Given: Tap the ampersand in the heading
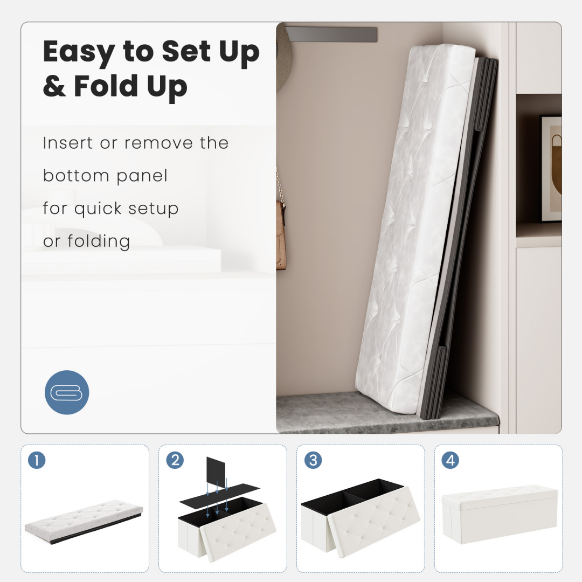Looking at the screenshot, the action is pos(54,86).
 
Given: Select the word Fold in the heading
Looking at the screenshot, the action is pos(107,85).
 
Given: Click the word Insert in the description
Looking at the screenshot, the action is pos(67,143).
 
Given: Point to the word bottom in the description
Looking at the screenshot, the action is pos(76,176).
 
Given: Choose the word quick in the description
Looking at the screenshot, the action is pos(98,209).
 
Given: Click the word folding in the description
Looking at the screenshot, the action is pos(99,241).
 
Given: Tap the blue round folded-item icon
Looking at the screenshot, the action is pos(67,392).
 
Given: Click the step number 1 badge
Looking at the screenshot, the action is pos(37,460).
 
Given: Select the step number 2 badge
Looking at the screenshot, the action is pos(175,460).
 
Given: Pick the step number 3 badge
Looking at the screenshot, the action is pos(313,460).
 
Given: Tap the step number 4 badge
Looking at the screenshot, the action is pos(450,460).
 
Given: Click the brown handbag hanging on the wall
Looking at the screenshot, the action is pos(281,234).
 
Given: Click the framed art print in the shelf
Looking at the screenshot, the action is pos(550,169).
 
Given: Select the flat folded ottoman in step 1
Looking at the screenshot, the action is pos(84,521).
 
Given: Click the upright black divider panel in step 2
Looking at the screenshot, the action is pos(216,472).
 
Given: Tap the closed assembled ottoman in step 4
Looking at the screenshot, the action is pos(500,514).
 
